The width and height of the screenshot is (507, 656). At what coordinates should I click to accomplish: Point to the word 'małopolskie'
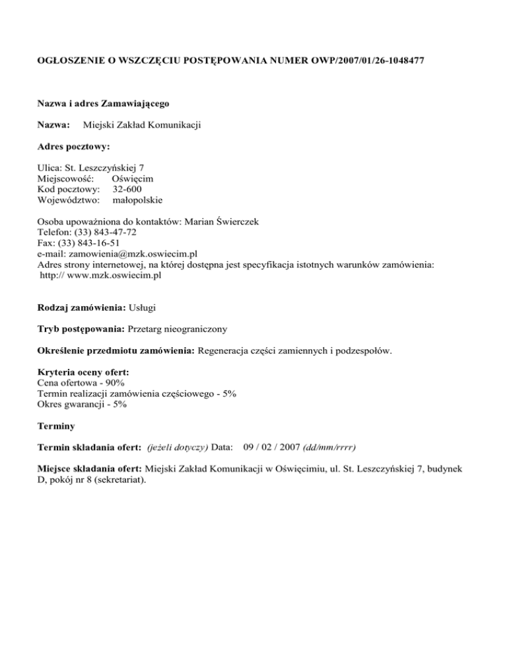pyautogui.click(x=138, y=200)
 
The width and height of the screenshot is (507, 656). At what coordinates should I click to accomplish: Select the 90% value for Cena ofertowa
pyautogui.click(x=115, y=382)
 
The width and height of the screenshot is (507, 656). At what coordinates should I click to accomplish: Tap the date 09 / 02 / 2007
pyautogui.click(x=271, y=447)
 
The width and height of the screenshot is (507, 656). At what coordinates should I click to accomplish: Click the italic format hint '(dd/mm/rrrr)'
pyautogui.click(x=329, y=447)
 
